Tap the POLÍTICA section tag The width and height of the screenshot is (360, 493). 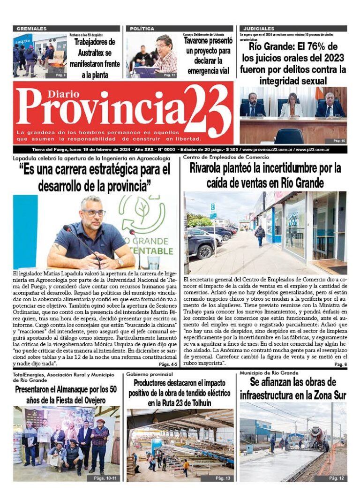(142, 29)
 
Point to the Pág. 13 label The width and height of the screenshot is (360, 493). (222, 478)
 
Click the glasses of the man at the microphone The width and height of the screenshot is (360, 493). (94, 212)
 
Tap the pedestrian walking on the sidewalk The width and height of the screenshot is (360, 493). (260, 235)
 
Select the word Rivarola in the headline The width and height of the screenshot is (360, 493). (211, 168)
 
